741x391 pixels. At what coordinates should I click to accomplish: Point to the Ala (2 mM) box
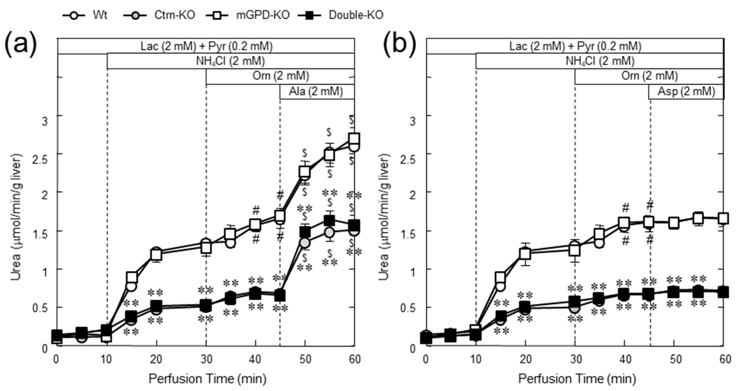coord(316,92)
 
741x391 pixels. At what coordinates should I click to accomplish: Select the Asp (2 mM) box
coord(686,92)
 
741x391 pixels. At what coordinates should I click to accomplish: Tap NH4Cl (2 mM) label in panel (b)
coord(600,61)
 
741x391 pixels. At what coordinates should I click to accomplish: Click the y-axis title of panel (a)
coord(16,217)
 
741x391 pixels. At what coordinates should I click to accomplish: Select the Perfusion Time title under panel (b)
coord(577,379)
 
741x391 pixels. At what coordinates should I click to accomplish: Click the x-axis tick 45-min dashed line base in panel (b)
coord(650,345)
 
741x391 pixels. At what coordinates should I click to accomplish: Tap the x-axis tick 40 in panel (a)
coord(255,359)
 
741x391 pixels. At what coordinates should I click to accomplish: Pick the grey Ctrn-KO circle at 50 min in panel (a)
coord(305,243)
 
